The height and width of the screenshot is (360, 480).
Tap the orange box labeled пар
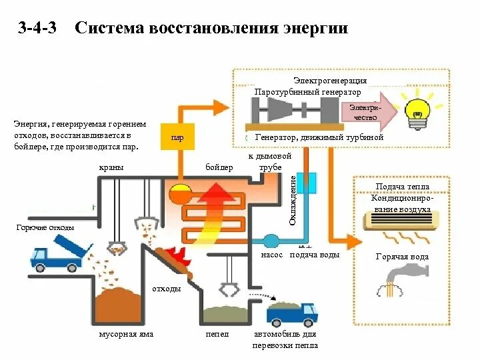coord(178,138)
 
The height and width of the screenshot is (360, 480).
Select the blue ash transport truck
coord(291,313)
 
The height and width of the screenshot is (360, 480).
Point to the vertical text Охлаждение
coord(293,199)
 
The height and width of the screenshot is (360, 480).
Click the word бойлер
coord(219,167)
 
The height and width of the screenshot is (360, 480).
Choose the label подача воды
coord(315,255)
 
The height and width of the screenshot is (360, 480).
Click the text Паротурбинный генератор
coord(307,91)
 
